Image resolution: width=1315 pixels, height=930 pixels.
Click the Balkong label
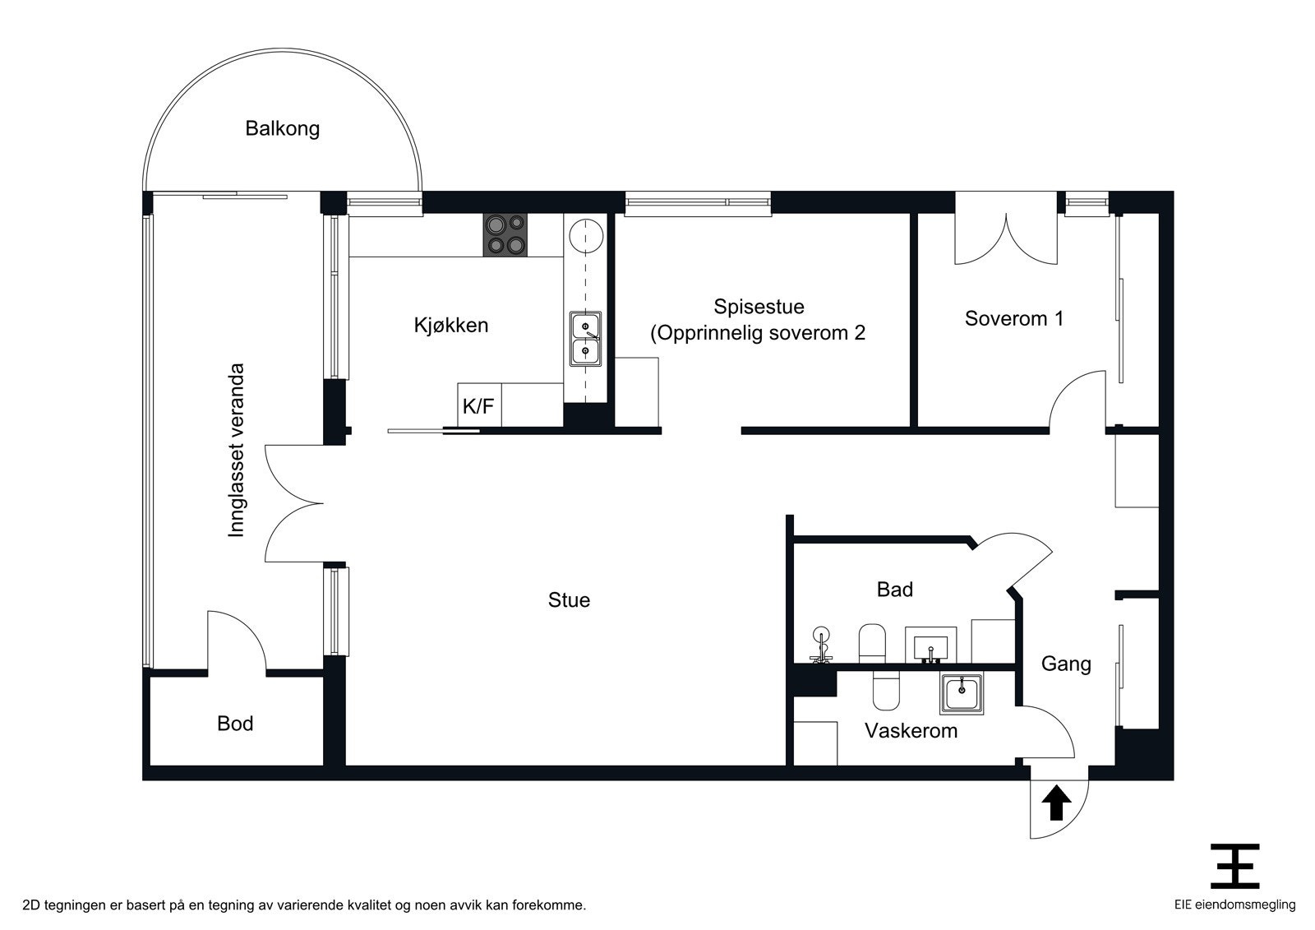tap(282, 128)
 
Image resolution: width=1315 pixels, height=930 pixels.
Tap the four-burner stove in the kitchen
tap(505, 234)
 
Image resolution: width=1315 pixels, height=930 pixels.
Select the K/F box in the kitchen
tap(479, 405)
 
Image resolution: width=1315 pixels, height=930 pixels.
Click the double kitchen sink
tap(585, 340)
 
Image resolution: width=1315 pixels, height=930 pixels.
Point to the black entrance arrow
tap(1056, 803)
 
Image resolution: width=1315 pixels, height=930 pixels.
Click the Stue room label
tap(569, 600)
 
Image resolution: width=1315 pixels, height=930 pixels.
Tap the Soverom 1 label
tap(1013, 318)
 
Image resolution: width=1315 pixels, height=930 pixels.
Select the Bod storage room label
tap(235, 724)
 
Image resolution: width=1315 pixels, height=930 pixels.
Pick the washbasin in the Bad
tap(931, 644)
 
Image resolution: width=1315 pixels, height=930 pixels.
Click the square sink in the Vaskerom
tap(961, 694)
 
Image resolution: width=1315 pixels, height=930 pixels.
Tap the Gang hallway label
tap(1066, 664)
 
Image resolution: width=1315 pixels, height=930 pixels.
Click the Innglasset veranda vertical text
tap(237, 451)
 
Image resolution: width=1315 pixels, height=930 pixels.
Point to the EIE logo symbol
tap(1234, 866)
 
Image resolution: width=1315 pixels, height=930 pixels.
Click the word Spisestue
tap(759, 307)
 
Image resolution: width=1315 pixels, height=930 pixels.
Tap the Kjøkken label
tap(451, 325)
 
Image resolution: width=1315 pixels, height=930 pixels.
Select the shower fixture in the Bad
tap(820, 646)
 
